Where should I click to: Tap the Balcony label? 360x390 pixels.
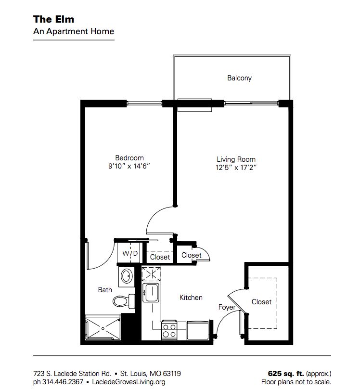pyautogui.click(x=239, y=78)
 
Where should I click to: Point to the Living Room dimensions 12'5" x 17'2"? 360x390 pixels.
pyautogui.click(x=236, y=168)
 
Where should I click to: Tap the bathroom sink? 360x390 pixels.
pyautogui.click(x=127, y=276)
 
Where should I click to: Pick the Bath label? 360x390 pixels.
pyautogui.click(x=105, y=290)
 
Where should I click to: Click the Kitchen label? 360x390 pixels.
pyautogui.click(x=191, y=298)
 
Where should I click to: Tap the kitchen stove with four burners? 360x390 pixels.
pyautogui.click(x=169, y=331)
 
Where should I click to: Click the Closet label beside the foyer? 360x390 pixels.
pyautogui.click(x=261, y=302)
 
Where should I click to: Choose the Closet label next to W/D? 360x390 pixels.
pyautogui.click(x=160, y=257)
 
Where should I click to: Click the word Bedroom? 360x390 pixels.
pyautogui.click(x=129, y=158)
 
